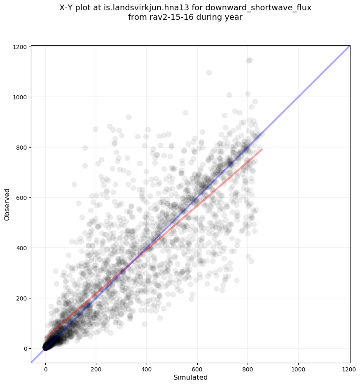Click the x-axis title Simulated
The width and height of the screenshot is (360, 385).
point(190,377)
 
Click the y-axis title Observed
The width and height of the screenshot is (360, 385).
point(7,204)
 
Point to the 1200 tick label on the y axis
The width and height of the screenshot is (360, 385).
point(21,47)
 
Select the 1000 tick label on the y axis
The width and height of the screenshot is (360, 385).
point(21,97)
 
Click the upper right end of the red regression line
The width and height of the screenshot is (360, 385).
point(262,149)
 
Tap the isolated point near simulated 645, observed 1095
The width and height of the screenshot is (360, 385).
point(209,73)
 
